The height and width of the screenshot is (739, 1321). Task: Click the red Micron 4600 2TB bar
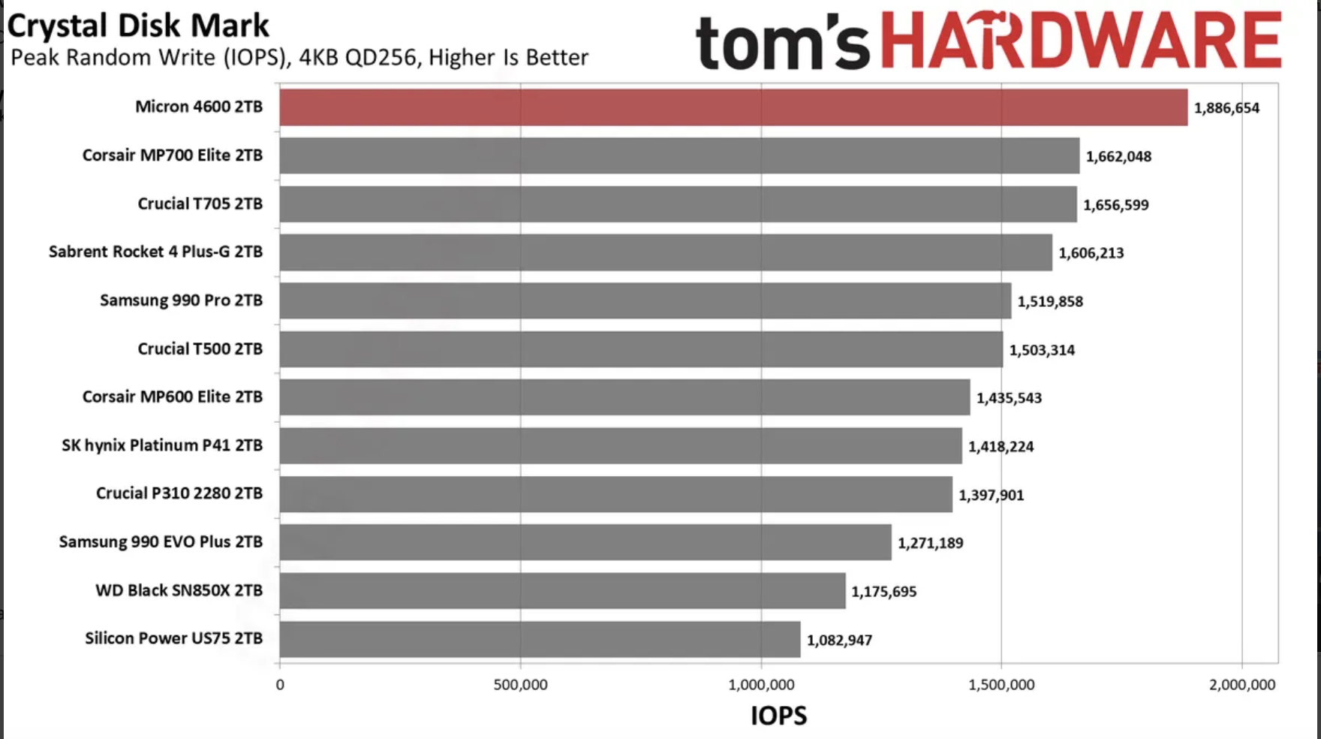(733, 107)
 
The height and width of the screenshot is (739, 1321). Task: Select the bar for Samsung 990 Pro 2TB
(645, 300)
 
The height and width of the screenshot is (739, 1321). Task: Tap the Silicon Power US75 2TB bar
(540, 639)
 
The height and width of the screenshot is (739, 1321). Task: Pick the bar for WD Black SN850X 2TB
(562, 591)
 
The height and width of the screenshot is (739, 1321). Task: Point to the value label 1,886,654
(1226, 108)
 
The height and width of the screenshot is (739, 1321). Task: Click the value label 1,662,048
(1118, 157)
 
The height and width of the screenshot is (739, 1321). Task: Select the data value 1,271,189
(930, 543)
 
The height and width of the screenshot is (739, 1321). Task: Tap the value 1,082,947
(839, 641)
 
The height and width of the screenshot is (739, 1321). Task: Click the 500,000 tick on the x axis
(520, 685)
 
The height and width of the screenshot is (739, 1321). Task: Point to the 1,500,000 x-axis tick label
(1001, 685)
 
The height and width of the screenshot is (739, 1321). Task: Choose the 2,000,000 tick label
(1241, 685)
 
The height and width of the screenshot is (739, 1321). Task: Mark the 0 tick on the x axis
(280, 685)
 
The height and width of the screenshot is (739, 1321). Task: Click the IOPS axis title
(778, 716)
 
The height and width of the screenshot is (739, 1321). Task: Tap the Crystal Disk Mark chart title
(138, 26)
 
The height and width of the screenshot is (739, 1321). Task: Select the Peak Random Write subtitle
(299, 58)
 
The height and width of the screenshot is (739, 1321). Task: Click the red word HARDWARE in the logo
(1081, 41)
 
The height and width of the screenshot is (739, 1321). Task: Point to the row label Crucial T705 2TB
(200, 204)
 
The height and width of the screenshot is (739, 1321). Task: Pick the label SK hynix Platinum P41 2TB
(162, 445)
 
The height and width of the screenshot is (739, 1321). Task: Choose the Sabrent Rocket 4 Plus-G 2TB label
(155, 252)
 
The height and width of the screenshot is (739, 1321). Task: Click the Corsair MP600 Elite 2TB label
(172, 397)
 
